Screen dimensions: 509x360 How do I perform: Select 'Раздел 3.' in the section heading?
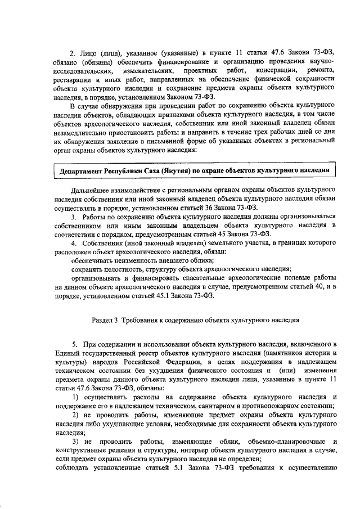pyautogui.click(x=106, y=319)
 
